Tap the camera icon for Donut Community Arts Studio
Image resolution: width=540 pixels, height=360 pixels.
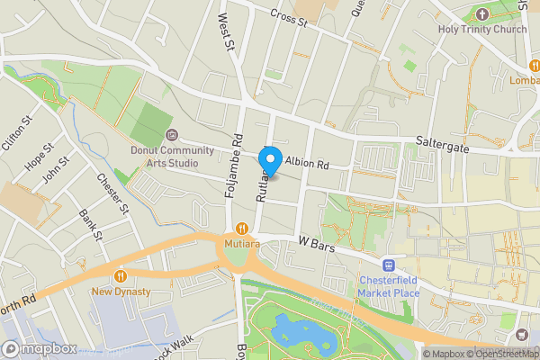tap(172, 135)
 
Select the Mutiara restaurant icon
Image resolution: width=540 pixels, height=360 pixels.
tap(241, 229)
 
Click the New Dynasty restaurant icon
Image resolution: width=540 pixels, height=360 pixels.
tap(121, 275)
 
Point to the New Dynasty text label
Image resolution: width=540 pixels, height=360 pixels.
tap(121, 292)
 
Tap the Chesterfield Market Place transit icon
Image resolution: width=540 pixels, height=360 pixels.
tap(389, 265)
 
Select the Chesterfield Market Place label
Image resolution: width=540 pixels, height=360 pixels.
tap(389, 287)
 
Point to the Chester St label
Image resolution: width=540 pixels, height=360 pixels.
tap(113, 191)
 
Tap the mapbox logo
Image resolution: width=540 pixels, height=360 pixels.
tap(40, 348)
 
